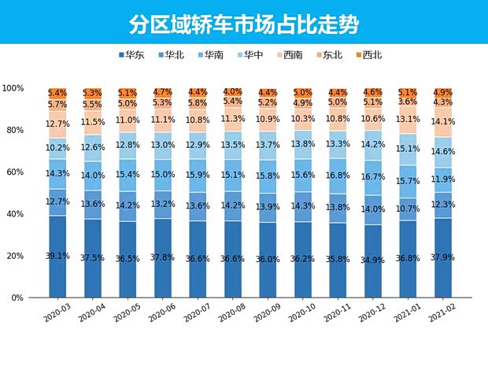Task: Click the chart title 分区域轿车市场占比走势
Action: (243, 23)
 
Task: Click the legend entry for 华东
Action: (131, 55)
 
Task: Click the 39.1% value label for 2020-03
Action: (57, 257)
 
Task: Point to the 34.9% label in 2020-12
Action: (373, 260)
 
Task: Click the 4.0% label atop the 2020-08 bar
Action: (233, 92)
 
